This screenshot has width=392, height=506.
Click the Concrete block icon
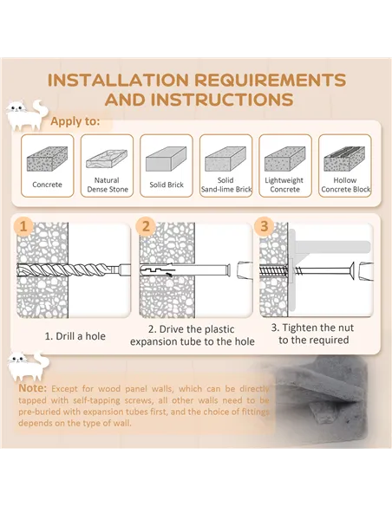click(47, 159)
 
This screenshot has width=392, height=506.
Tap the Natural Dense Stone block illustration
click(107, 159)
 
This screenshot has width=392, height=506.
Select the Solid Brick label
click(167, 185)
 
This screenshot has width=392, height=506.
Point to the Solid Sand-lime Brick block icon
click(225, 159)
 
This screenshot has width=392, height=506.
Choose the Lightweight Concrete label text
click(284, 185)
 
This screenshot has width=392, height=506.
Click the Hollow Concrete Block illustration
click(344, 159)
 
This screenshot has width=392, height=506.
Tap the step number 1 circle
click(23, 226)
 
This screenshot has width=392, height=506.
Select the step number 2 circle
click(146, 226)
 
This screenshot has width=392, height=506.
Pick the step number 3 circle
click(265, 226)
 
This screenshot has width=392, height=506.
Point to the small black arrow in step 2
click(168, 275)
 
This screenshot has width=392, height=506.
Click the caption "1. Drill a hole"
click(75, 336)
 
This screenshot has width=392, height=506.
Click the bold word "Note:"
click(33, 388)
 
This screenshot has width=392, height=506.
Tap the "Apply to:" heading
click(75, 121)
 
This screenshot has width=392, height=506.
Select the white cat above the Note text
click(29, 367)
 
